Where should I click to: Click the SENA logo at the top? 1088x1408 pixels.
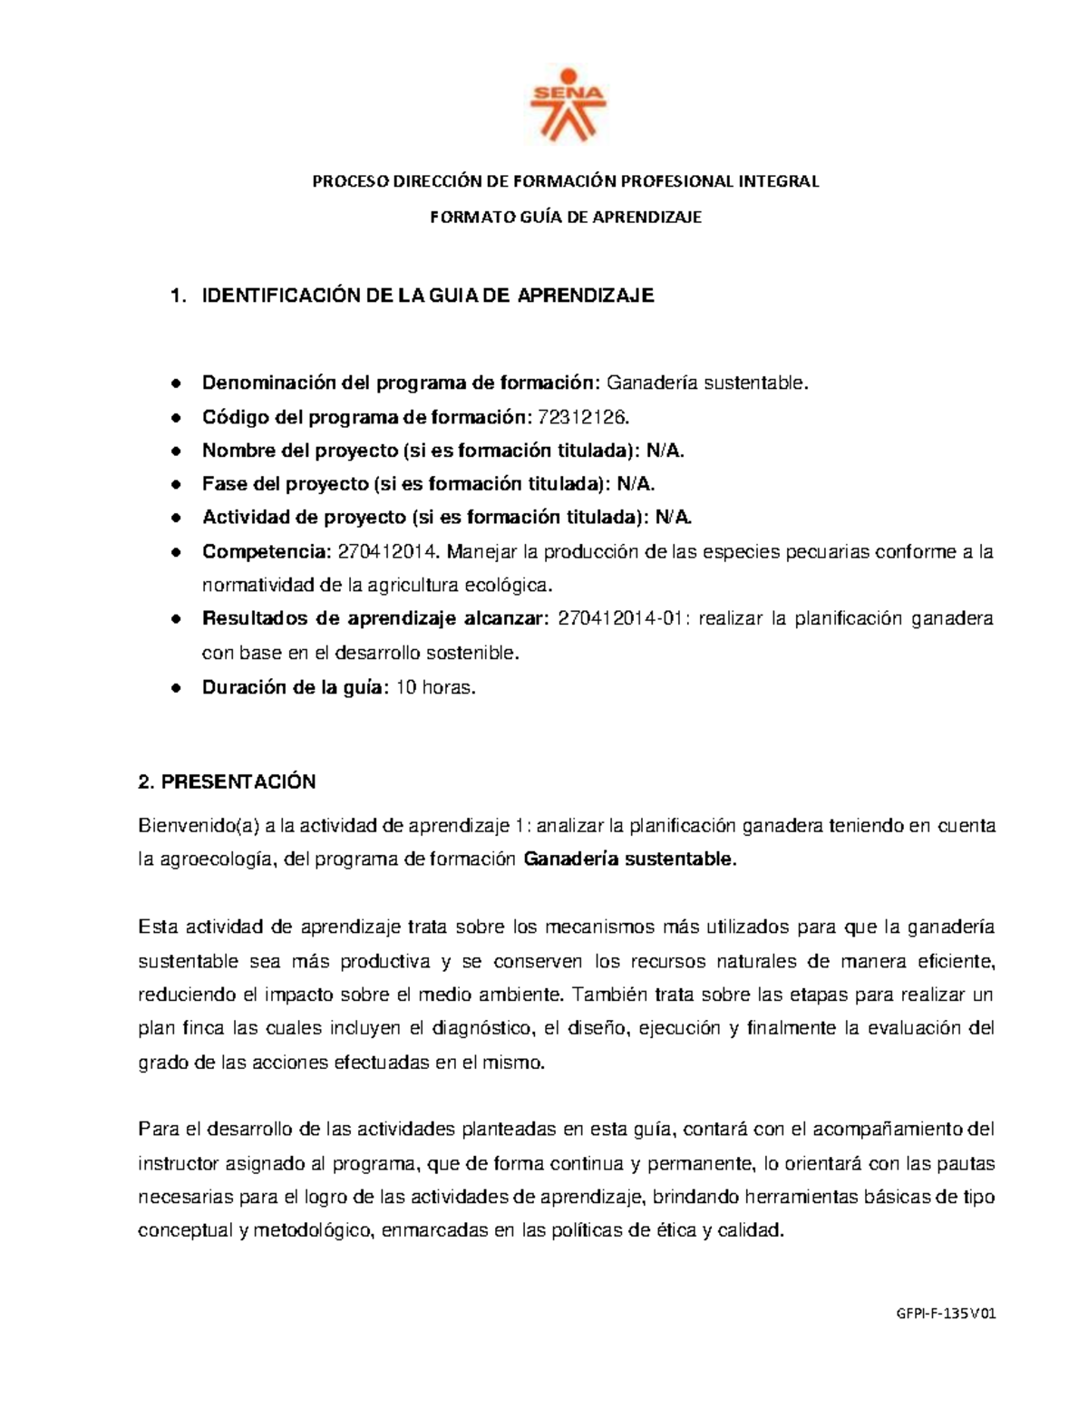[x=567, y=103]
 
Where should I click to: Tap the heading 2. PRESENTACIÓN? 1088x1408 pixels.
[x=227, y=782]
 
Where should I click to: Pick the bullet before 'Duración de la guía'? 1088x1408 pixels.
[x=178, y=688]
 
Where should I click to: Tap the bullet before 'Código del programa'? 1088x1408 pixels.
[x=178, y=418]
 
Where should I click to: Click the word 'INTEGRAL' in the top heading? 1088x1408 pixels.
[x=780, y=181]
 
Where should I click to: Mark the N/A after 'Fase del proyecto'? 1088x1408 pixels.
[x=636, y=484]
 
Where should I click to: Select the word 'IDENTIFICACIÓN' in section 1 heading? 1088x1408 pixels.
[x=274, y=296]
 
